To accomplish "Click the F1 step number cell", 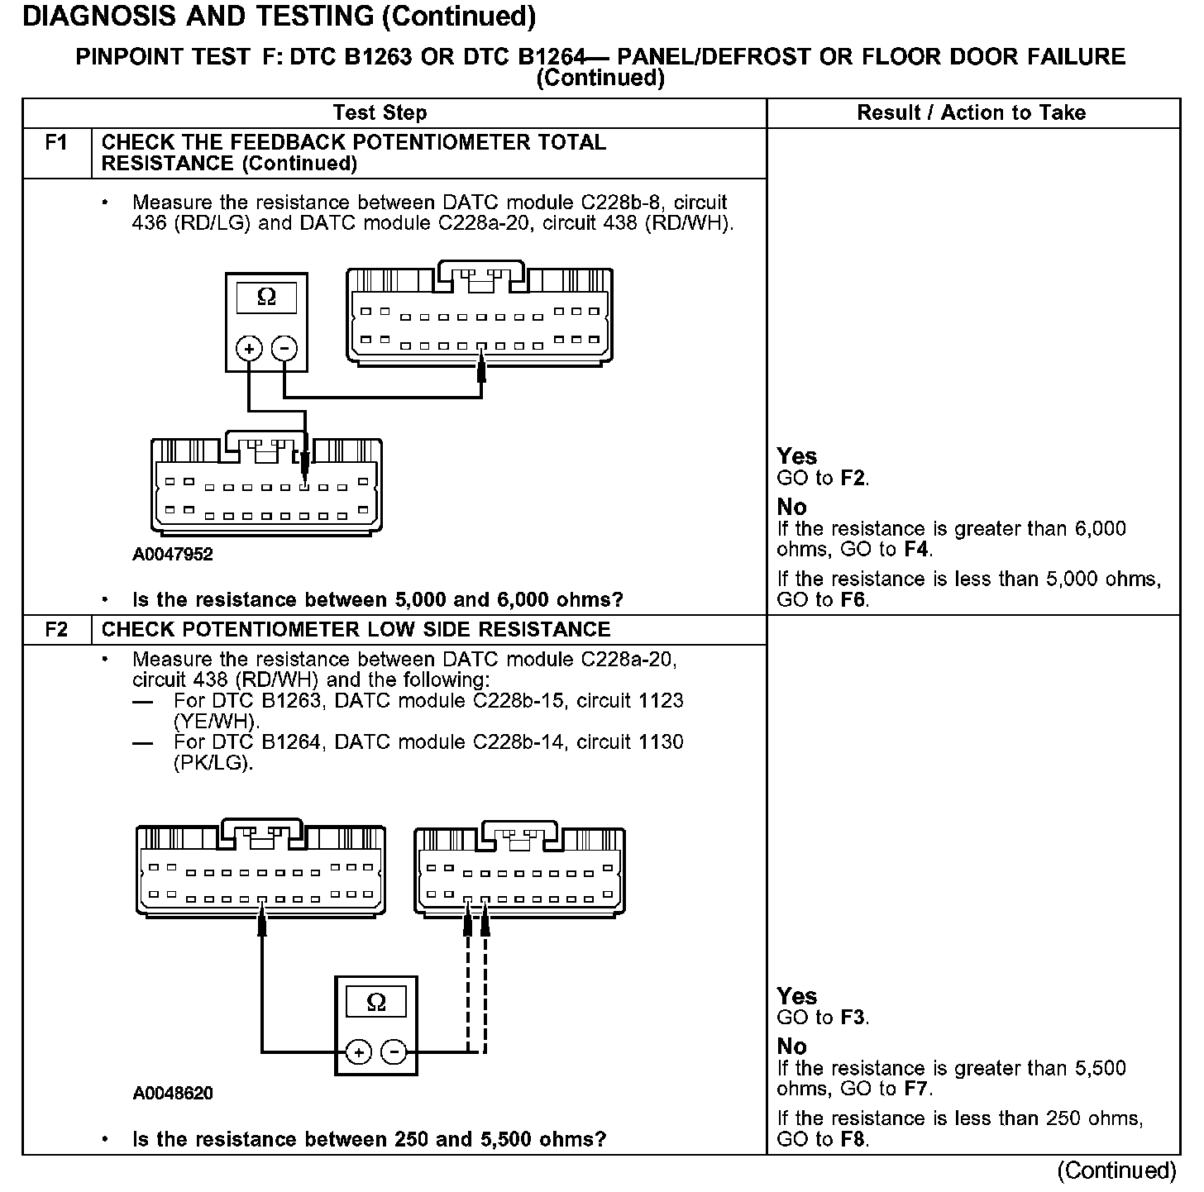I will point(56,144).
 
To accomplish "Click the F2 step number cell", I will point(56,630).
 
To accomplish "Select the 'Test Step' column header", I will point(380,113).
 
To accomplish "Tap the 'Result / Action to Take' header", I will point(972,113).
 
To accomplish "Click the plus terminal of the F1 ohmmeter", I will point(249,349).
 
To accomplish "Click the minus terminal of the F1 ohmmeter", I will point(284,349).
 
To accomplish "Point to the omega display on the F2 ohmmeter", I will point(375,1003).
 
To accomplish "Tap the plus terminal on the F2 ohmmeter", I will point(358,1052).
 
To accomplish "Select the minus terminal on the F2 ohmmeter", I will point(394,1052).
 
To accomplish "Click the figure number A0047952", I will point(173,555).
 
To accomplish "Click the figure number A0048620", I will point(173,1094).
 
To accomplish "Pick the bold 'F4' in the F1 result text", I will point(915,550).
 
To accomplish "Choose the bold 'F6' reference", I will point(853,600).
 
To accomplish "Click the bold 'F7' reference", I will point(916,1089).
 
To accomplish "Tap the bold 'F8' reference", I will point(853,1140).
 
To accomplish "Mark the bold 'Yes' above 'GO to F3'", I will point(797,996).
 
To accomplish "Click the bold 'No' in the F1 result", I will point(792,507).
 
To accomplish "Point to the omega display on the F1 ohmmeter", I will point(266,298).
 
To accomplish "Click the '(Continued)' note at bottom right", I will point(1116,1171).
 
